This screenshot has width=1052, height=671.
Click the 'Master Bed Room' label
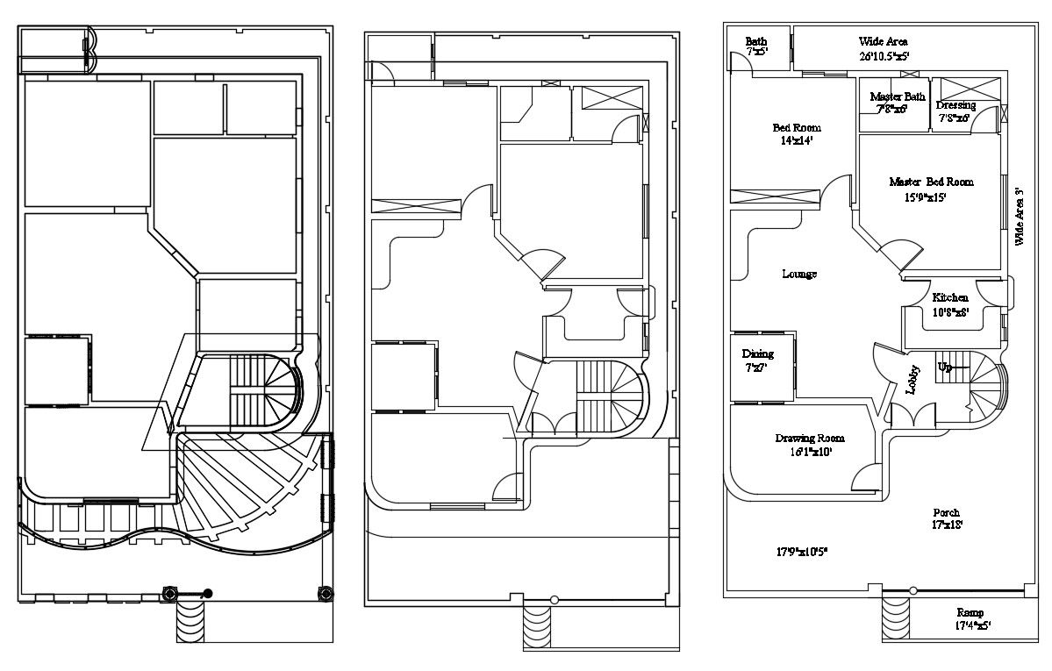(931, 182)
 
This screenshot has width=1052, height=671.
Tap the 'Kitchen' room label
(950, 297)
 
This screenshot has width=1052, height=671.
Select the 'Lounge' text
(798, 275)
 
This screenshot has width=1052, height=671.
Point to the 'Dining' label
(758, 353)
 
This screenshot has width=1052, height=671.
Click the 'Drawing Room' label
(809, 438)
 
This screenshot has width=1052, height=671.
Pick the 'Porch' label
(946, 512)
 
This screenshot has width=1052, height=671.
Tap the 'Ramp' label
(970, 612)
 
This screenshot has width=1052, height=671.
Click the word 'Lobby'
(913, 380)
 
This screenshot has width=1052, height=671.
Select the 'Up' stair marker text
(944, 366)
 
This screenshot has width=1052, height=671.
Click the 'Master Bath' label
(897, 96)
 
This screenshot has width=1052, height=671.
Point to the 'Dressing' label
(955, 105)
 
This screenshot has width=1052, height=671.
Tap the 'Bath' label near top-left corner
(755, 41)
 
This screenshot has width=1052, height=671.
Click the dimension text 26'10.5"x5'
(884, 55)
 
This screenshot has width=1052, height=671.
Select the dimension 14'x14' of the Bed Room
(796, 140)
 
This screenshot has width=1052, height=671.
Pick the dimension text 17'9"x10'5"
(802, 552)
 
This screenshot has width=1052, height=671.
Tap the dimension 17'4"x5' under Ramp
(969, 626)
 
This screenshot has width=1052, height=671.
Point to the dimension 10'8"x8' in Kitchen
(949, 311)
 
